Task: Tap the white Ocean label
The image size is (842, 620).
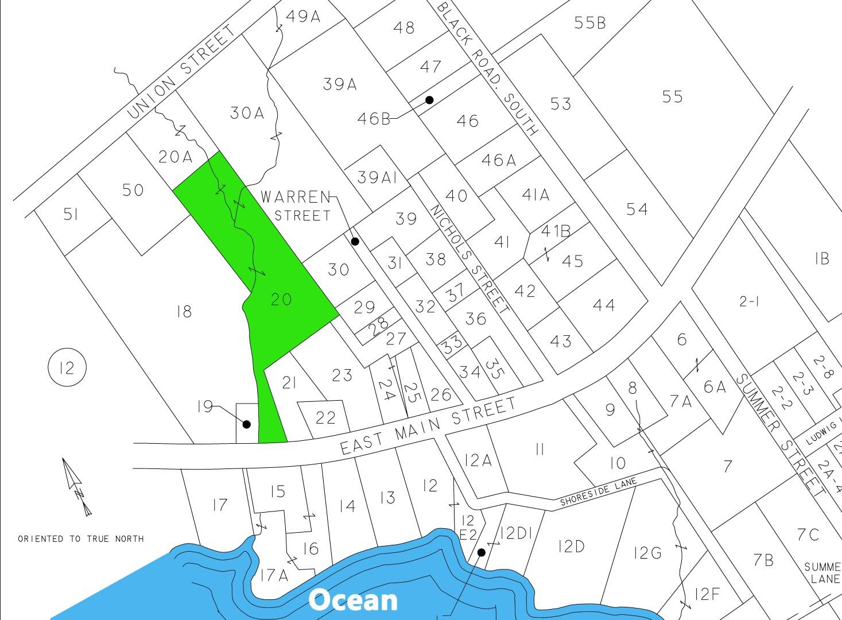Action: [x=352, y=600]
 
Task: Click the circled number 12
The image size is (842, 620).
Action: [x=67, y=367]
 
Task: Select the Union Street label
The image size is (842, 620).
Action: [x=181, y=72]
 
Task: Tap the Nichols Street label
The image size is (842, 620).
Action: [x=469, y=259]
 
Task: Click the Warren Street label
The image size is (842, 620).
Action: [x=296, y=206]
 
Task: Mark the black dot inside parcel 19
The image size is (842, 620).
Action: [x=247, y=425]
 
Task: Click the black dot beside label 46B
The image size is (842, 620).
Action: [x=429, y=100]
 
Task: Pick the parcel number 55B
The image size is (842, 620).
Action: [x=589, y=22]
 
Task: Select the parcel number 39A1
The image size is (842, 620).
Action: [x=377, y=177]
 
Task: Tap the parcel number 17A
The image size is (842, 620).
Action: [x=274, y=575]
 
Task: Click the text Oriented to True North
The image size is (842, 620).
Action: [x=80, y=539]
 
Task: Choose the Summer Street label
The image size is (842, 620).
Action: [x=778, y=437]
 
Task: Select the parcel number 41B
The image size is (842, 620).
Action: [x=556, y=231]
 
